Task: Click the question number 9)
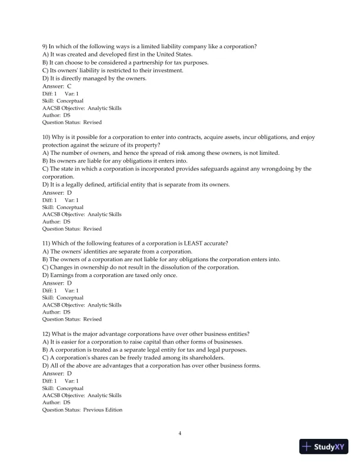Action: coord(45,46)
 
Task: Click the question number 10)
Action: coord(47,137)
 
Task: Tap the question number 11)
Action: coord(47,243)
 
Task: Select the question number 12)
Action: coord(47,334)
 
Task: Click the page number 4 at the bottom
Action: coord(180,434)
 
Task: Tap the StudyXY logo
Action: coord(324,447)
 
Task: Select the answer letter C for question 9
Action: coord(69,86)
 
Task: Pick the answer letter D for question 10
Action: coord(69,192)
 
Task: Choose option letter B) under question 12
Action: coord(45,349)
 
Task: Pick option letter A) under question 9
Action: coord(45,54)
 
